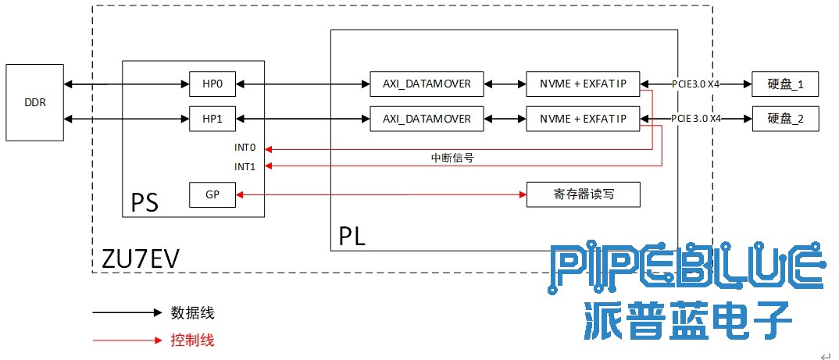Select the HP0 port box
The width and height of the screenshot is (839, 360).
[x=212, y=83]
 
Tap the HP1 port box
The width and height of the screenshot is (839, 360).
[x=212, y=119]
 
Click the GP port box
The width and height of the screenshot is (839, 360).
[x=212, y=194]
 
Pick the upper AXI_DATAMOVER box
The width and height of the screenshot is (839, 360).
[x=427, y=83]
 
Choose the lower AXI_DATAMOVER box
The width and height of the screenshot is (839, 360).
[x=427, y=119]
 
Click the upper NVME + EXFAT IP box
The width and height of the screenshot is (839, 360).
[x=583, y=83]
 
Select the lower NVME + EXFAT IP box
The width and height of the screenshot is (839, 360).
[x=583, y=119]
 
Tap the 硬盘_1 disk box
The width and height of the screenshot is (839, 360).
[x=785, y=83]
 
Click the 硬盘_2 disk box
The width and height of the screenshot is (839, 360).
[x=785, y=119]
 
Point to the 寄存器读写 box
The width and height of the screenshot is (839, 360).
[x=583, y=194]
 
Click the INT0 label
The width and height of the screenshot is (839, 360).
[x=245, y=148]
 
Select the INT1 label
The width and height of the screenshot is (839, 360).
[x=245, y=166]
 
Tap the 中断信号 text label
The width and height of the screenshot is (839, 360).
[x=452, y=157]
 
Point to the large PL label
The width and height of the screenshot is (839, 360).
[x=352, y=236]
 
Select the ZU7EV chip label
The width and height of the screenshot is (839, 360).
[x=141, y=258]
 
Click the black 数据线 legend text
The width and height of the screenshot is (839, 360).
[x=192, y=313]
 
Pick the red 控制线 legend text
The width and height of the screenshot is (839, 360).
[x=192, y=340]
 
